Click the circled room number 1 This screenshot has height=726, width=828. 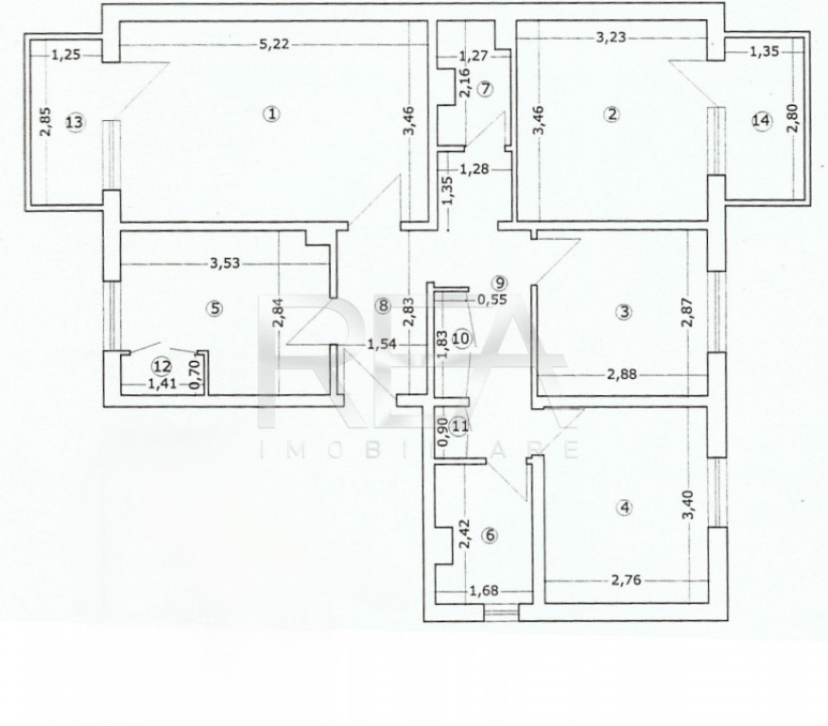pyautogui.click(x=271, y=113)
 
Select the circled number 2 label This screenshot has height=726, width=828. pyautogui.click(x=612, y=113)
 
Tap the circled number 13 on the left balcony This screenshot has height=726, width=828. pyautogui.click(x=75, y=122)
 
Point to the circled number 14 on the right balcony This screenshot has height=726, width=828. pyautogui.click(x=762, y=120)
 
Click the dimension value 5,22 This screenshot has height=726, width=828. pyautogui.click(x=275, y=43)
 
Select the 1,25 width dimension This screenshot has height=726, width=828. pyautogui.click(x=66, y=54)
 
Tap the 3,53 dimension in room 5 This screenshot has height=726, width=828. pyautogui.click(x=225, y=263)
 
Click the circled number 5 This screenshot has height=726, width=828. pyautogui.click(x=215, y=308)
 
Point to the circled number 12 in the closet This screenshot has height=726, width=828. pyautogui.click(x=163, y=366)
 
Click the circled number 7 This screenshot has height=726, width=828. pyautogui.click(x=485, y=89)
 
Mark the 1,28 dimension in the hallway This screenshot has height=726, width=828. pyautogui.click(x=474, y=169)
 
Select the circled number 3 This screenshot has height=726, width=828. pyautogui.click(x=624, y=312)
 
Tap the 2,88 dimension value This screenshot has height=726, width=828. pyautogui.click(x=622, y=374)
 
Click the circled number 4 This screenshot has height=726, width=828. pyautogui.click(x=625, y=508)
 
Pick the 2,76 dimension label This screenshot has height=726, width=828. pyautogui.click(x=627, y=579)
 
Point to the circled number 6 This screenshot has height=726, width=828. pyautogui.click(x=490, y=535)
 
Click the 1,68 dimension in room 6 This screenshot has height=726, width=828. pyautogui.click(x=484, y=590)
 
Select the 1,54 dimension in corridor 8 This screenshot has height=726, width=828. pyautogui.click(x=381, y=344)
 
